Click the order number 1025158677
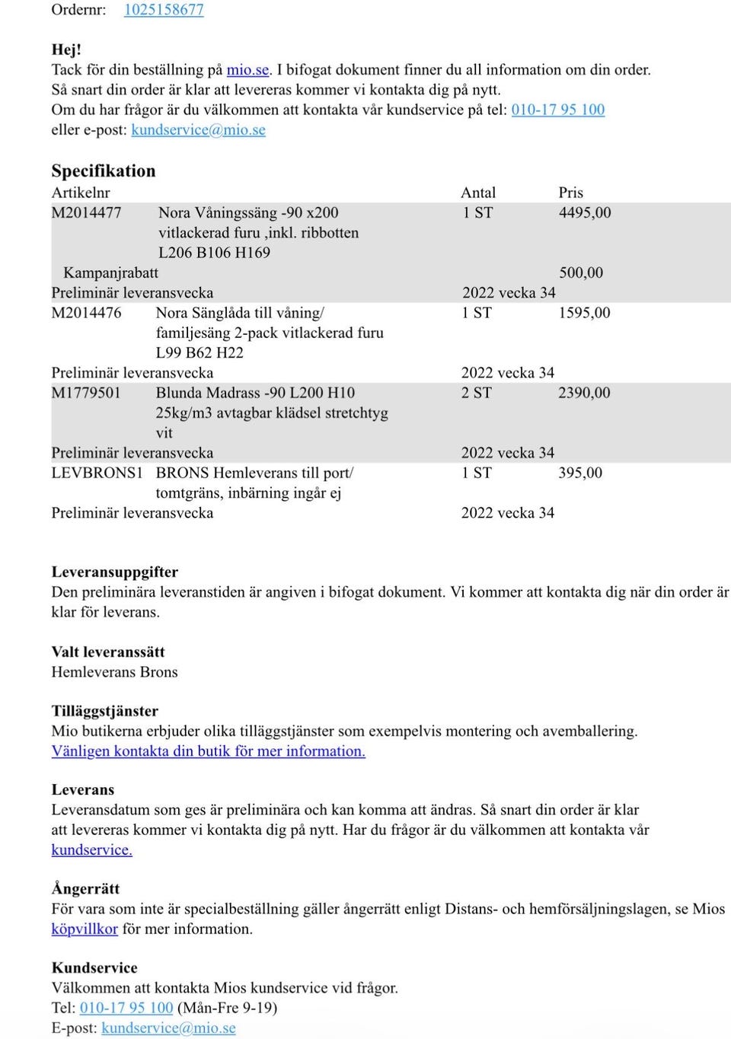pyautogui.click(x=164, y=10)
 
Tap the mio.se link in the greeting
pyautogui.click(x=247, y=70)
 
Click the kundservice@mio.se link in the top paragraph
pyautogui.click(x=198, y=130)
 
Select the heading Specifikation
pyautogui.click(x=103, y=171)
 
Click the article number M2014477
pyautogui.click(x=86, y=213)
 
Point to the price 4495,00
pyautogui.click(x=584, y=213)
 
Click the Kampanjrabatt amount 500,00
pyautogui.click(x=580, y=272)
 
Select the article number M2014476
pyautogui.click(x=86, y=313)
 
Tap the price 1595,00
pyautogui.click(x=583, y=313)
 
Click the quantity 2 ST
pyautogui.click(x=476, y=393)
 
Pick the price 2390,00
pyautogui.click(x=583, y=393)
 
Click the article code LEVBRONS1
pyautogui.click(x=97, y=473)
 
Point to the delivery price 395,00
pyautogui.click(x=579, y=473)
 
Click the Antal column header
pyautogui.click(x=477, y=193)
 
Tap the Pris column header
pyautogui.click(x=570, y=193)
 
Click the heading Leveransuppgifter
pyautogui.click(x=114, y=572)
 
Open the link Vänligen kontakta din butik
pyautogui.click(x=208, y=751)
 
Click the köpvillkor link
pyautogui.click(x=85, y=929)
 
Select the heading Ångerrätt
pyautogui.click(x=85, y=888)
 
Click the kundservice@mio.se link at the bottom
pyautogui.click(x=168, y=1028)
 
